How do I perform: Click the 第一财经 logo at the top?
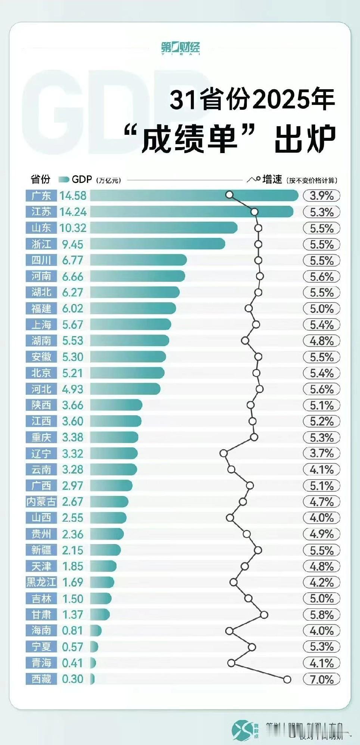tap(181, 48)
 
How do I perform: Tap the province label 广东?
tap(41, 195)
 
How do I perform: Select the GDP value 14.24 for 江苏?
tap(73, 212)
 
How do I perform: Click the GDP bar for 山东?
tap(164, 228)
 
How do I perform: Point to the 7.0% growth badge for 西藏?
tap(321, 679)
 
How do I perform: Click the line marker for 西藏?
tap(287, 679)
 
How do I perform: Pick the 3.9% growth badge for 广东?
tap(321, 196)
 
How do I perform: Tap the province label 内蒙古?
tap(41, 502)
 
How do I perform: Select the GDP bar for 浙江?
tap(157, 244)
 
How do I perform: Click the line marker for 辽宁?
tap(223, 453)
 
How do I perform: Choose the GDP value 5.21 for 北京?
tap(73, 373)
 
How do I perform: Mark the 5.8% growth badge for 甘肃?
tap(321, 615)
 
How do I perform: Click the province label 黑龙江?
tap(41, 582)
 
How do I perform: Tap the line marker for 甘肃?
tap(264, 615)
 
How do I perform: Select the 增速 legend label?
tap(272, 180)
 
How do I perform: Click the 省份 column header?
tap(40, 179)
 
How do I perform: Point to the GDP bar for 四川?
tap(138, 260)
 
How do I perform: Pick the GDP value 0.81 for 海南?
tap(72, 631)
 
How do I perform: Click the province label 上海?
tap(41, 325)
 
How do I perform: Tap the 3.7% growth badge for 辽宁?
tap(321, 453)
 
